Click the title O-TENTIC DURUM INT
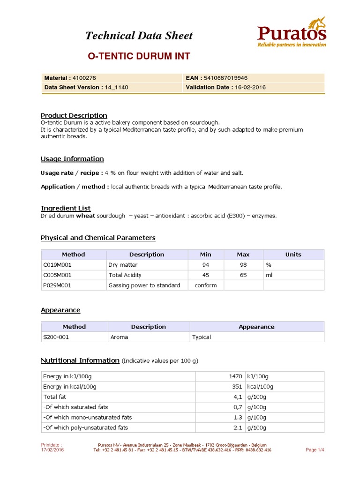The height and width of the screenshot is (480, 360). (x=139, y=56)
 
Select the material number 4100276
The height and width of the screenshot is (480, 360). (x=84, y=78)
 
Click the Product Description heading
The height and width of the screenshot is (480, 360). (x=74, y=115)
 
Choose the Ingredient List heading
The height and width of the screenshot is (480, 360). (x=66, y=208)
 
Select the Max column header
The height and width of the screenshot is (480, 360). (x=243, y=255)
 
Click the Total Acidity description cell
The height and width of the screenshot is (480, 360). (x=125, y=275)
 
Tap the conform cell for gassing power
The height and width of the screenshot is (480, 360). (x=206, y=285)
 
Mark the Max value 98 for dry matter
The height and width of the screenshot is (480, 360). (x=243, y=265)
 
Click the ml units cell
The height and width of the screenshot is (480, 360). (x=269, y=275)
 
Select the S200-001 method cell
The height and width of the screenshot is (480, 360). (x=56, y=337)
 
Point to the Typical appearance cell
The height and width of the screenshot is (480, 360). (x=202, y=337)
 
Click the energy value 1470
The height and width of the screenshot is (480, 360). (x=235, y=376)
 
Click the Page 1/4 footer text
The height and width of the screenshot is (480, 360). (x=315, y=450)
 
